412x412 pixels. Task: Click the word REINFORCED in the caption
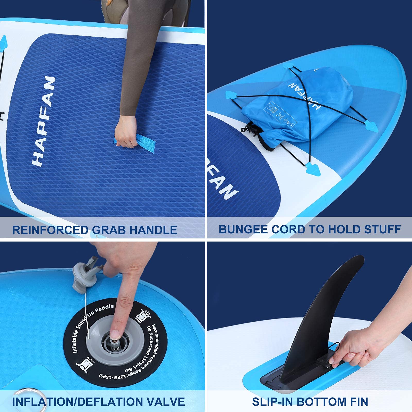click(50, 230)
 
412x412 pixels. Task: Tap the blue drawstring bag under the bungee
click(304, 108)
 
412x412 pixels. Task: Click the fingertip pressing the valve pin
click(115, 334)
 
